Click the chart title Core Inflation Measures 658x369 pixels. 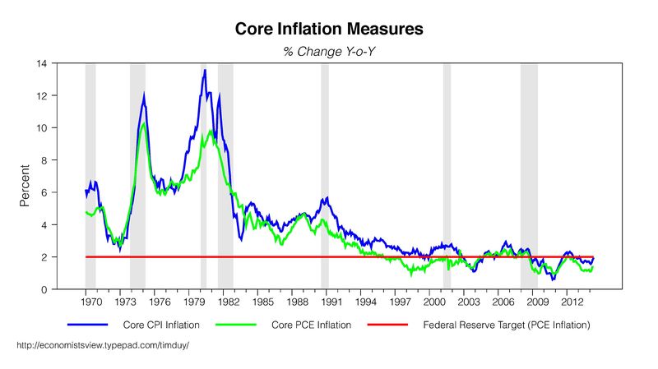click(329, 30)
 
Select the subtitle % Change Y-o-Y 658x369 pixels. click(329, 51)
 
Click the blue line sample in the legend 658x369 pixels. click(90, 325)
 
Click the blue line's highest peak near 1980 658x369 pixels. click(205, 70)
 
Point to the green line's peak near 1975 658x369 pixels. click(144, 124)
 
